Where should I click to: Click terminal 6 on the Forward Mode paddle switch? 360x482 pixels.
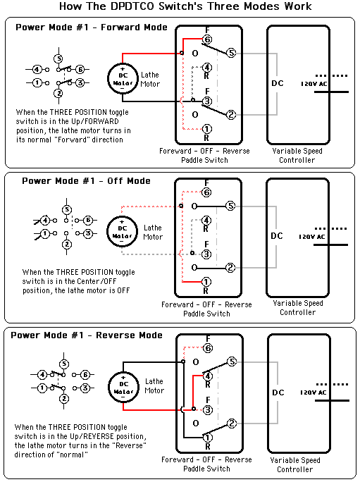tap(207, 39)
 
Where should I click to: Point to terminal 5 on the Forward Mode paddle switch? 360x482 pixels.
tap(231, 53)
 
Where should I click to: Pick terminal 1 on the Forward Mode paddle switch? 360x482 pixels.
tap(206, 129)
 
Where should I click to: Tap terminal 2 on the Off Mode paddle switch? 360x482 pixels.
tap(230, 268)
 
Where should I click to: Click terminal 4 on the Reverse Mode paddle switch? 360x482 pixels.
tap(208, 376)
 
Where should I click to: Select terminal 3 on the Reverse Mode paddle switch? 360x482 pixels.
tap(208, 409)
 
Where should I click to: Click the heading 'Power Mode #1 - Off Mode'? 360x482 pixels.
tap(86, 180)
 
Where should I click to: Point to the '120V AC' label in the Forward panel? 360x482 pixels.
tap(314, 84)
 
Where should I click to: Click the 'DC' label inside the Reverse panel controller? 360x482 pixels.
tap(278, 393)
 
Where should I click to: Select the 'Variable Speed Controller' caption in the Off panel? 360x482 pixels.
tap(297, 308)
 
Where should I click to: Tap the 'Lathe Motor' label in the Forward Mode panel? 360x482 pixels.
tap(150, 80)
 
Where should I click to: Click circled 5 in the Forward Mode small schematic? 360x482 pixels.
tap(58, 58)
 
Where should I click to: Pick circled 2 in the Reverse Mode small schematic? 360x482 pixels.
tap(63, 399)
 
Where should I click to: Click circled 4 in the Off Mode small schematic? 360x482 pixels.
tap(45, 221)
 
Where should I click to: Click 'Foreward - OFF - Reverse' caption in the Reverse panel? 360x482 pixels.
tap(206, 459)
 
